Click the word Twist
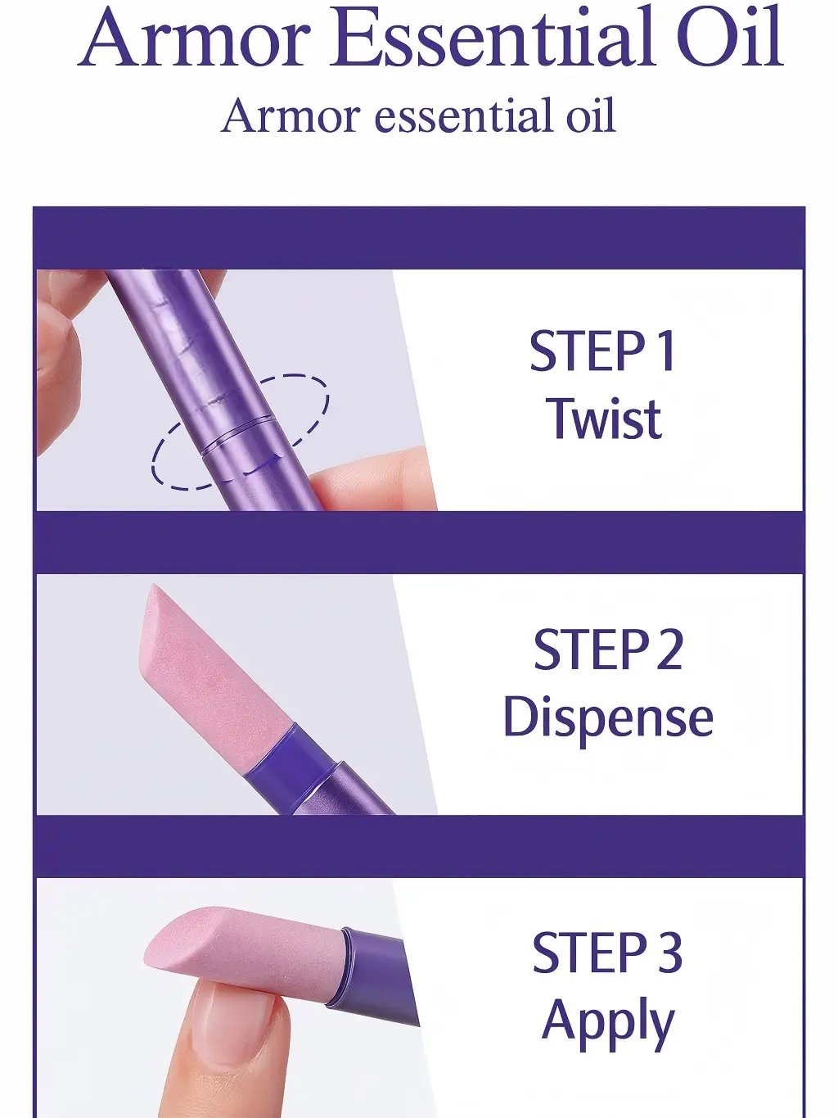coord(603,419)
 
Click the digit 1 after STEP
coord(665,351)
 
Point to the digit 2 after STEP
coord(667,650)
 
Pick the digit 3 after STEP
coord(667,953)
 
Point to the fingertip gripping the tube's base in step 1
coord(372,476)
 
